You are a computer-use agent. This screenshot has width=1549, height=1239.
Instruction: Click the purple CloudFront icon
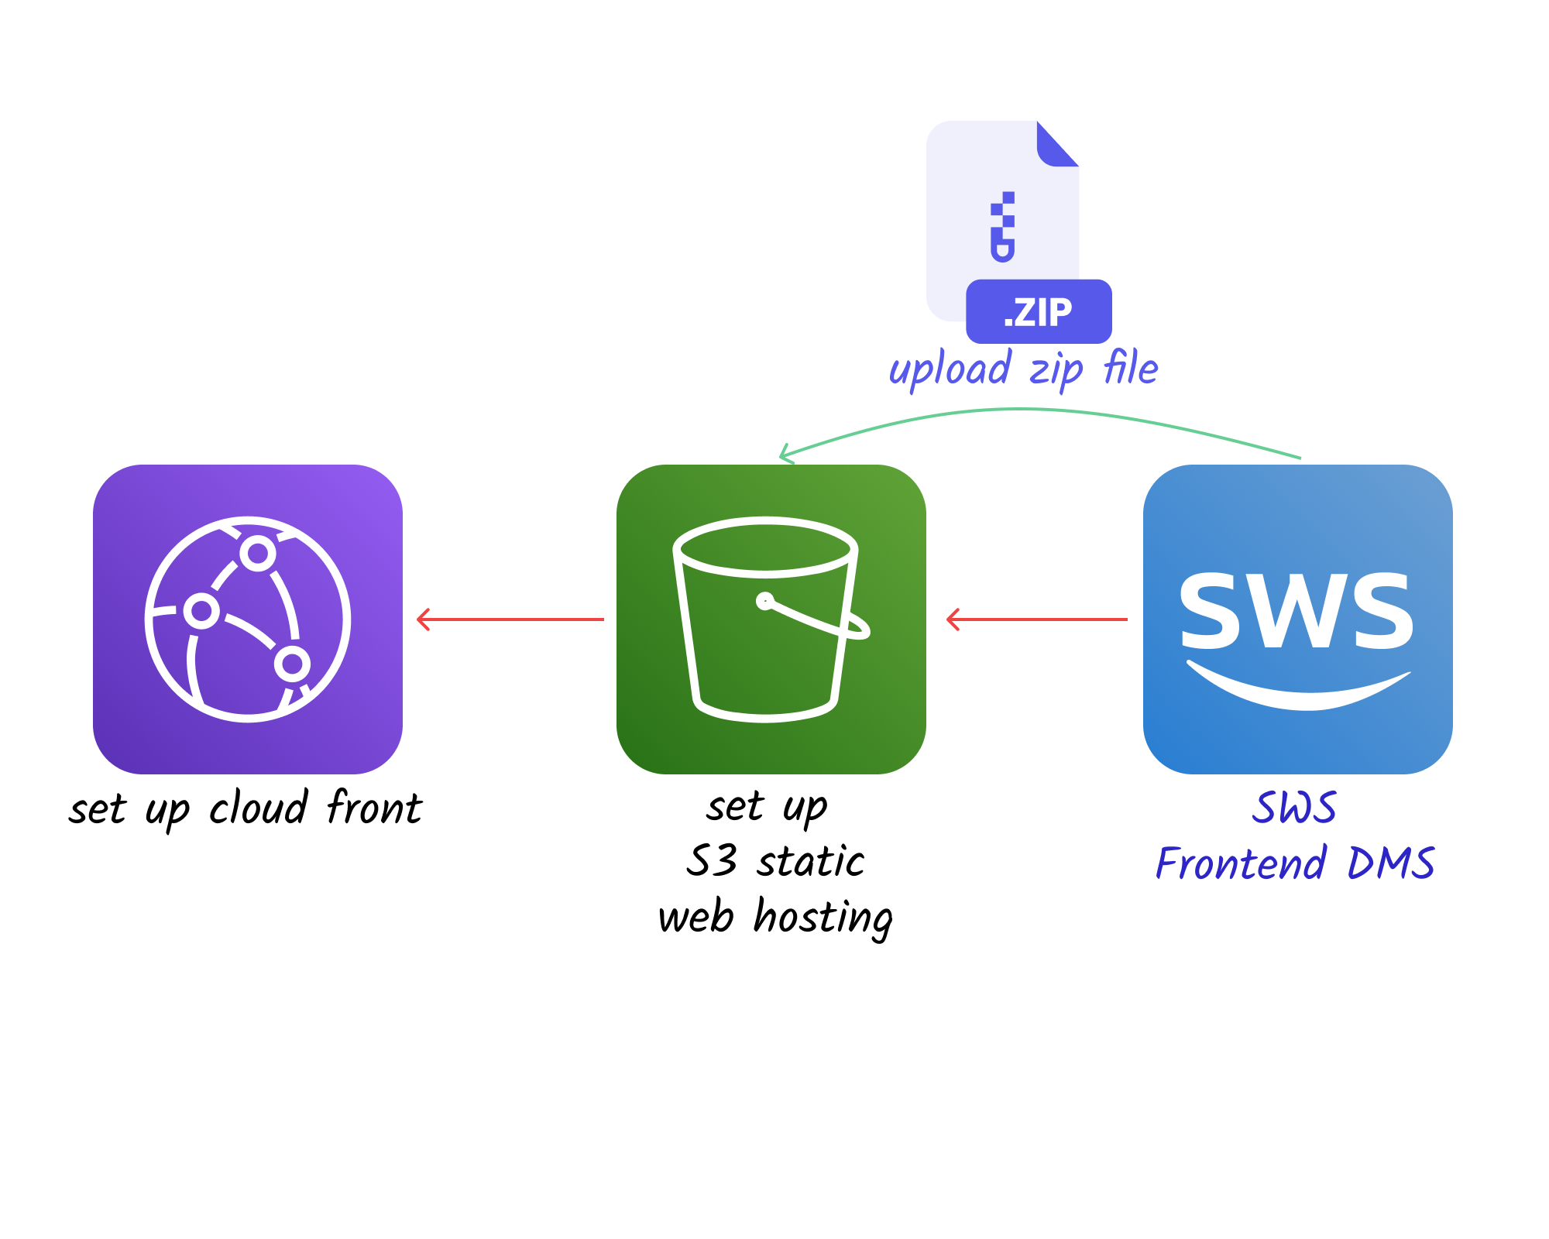click(247, 619)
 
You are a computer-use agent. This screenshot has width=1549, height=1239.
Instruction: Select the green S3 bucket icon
click(771, 619)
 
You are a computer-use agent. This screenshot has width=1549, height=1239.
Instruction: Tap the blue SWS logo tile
click(1297, 619)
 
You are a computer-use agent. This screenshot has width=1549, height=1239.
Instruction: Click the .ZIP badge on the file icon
click(1039, 311)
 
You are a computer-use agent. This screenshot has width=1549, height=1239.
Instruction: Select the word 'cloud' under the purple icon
click(259, 808)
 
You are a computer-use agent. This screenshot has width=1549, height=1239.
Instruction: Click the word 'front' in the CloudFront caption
click(375, 808)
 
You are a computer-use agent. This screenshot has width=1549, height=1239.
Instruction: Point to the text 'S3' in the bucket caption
click(711, 861)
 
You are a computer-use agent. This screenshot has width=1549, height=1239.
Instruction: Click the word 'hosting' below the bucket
click(823, 918)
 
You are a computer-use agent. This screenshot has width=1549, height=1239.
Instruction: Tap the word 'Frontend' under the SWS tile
click(1241, 864)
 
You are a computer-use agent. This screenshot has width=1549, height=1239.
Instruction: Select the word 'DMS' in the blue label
click(1391, 864)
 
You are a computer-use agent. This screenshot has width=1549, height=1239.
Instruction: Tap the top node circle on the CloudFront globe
click(258, 554)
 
